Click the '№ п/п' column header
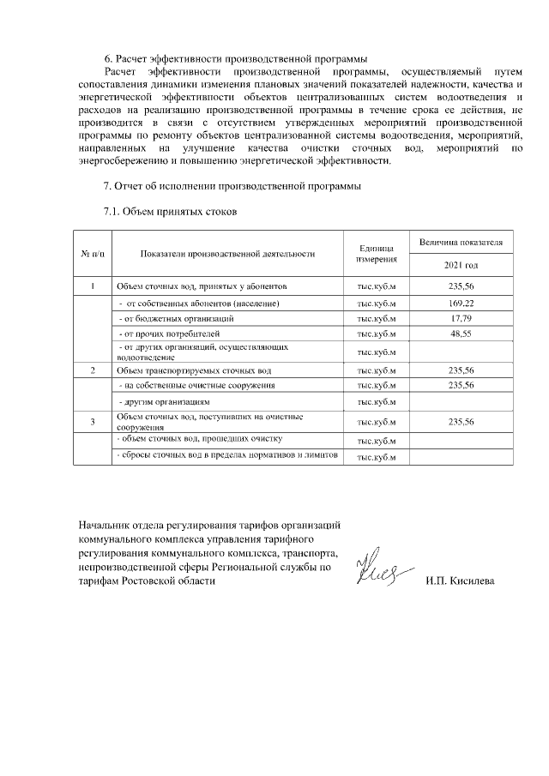93,254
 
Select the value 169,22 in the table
462,304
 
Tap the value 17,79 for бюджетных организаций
462,318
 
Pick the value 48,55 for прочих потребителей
462,333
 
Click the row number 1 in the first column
93,286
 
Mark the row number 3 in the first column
93,421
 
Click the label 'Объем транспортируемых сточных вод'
194,370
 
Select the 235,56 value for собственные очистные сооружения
462,386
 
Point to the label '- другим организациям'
164,400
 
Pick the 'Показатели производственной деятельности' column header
229,254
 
